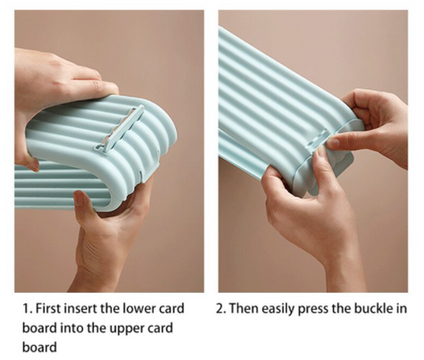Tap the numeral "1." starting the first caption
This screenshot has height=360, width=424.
[x=27, y=309]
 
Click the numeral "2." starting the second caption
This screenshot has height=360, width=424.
[x=221, y=309]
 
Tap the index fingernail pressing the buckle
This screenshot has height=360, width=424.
[x=334, y=143]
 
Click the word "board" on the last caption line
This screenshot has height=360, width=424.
[x=40, y=347]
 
